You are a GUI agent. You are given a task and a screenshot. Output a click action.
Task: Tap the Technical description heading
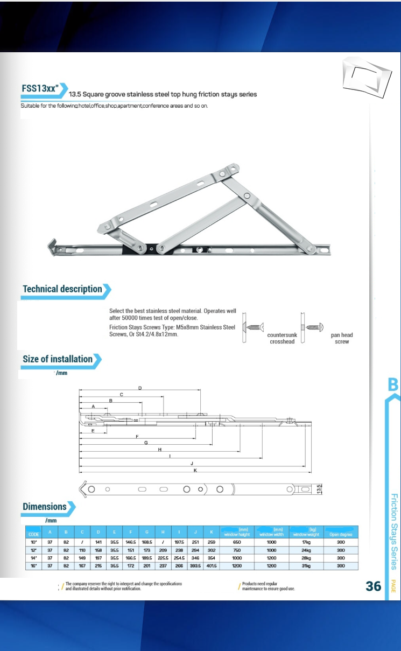62,289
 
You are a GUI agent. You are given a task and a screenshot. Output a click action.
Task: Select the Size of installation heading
58,359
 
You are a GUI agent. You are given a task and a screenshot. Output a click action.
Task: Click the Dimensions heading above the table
45,507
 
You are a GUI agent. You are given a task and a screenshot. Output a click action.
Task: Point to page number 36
373,586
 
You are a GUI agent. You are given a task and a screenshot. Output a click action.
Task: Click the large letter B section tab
393,385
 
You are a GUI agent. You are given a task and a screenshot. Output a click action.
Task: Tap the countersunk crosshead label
282,338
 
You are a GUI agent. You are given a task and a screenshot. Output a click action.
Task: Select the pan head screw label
342,338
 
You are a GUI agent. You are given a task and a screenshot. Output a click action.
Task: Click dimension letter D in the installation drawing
140,388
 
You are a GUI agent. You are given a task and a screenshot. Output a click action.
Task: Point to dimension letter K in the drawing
195,470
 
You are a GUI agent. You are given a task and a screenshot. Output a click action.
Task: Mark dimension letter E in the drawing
93,431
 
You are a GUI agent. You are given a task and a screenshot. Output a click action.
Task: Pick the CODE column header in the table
34,534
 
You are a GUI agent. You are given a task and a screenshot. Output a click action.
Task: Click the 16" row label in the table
34,566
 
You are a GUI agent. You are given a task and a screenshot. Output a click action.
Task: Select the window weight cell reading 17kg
307,542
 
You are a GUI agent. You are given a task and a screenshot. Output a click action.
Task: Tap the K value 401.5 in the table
212,566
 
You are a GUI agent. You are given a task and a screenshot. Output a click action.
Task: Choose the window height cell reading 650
237,542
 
